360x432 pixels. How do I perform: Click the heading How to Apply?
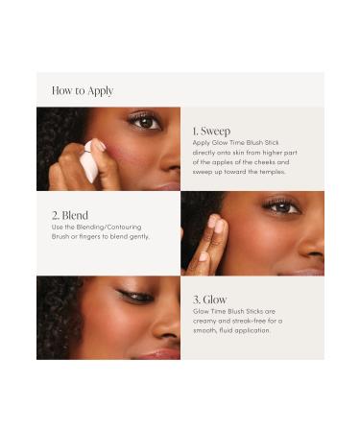[x=83, y=90]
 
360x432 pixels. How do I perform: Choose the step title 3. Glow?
[x=210, y=299]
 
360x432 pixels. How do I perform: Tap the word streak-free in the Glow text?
[x=240, y=322]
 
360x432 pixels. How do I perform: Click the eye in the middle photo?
[x=281, y=205]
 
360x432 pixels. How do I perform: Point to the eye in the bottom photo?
[x=136, y=296]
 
